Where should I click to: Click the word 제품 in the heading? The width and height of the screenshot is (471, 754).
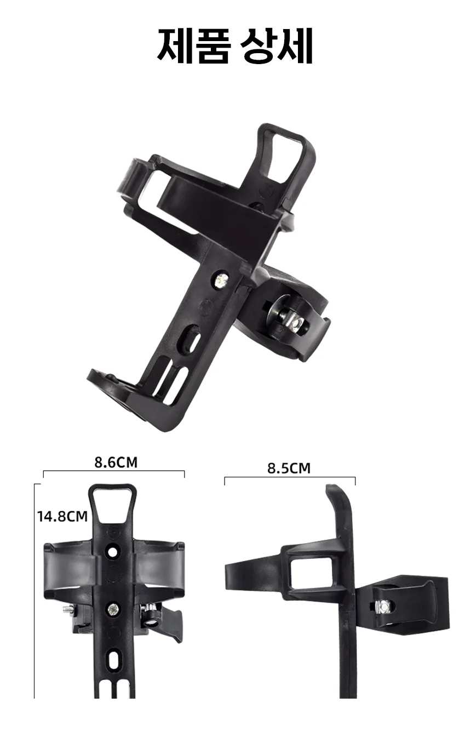pyautogui.click(x=194, y=46)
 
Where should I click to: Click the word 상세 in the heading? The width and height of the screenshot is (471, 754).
pyautogui.click(x=277, y=46)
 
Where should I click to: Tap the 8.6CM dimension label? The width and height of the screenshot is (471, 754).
pyautogui.click(x=116, y=462)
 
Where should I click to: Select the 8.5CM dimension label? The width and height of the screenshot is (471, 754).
pyautogui.click(x=289, y=468)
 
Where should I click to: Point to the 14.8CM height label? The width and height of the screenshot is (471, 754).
pyautogui.click(x=62, y=516)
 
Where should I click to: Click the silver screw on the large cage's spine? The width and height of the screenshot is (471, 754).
pyautogui.click(x=221, y=279)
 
